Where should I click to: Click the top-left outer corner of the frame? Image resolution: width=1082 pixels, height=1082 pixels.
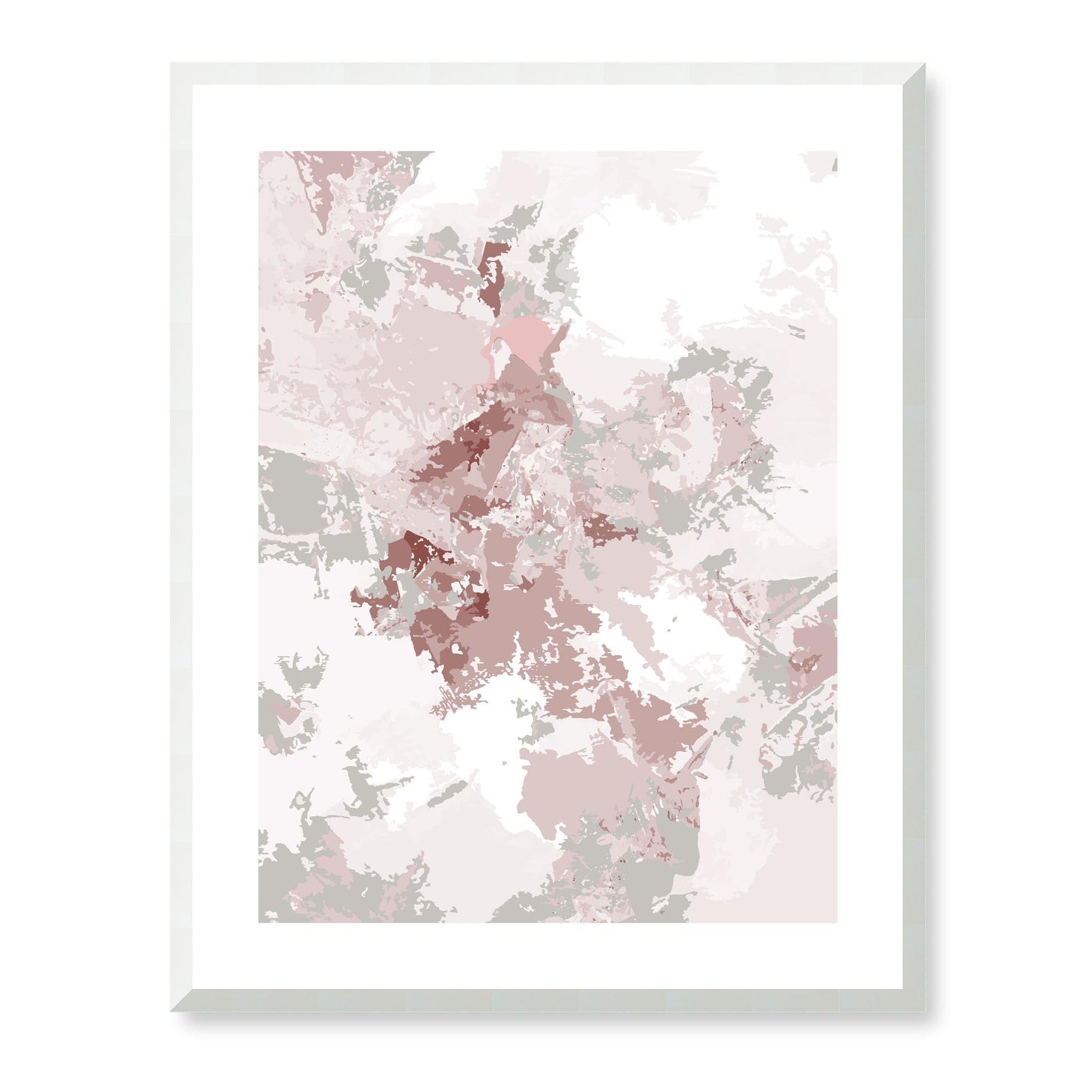click(x=171, y=63)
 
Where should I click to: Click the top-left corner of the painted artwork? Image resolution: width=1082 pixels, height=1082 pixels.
click(x=259, y=152)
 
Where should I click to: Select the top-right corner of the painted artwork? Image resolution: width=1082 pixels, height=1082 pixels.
click(x=836, y=152)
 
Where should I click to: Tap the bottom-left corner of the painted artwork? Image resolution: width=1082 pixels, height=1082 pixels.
click(x=259, y=922)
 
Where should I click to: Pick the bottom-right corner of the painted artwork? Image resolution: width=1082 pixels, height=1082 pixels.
click(x=836, y=922)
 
